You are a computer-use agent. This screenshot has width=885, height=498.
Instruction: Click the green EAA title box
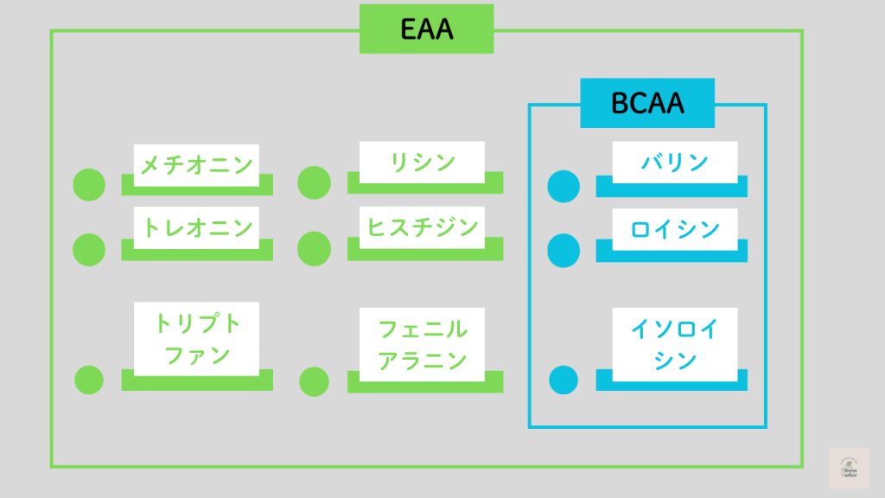[427, 29]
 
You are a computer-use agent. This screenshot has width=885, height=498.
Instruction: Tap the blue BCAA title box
[647, 103]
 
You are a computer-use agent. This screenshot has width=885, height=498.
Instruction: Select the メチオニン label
[196, 163]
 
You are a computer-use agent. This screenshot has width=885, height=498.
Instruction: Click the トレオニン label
[196, 227]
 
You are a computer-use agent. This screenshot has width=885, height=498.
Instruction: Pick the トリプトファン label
[197, 339]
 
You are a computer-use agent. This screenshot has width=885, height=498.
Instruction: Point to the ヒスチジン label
[422, 227]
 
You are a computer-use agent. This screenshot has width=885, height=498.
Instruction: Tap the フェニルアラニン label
[422, 343]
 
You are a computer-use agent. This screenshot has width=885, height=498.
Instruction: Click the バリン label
[674, 163]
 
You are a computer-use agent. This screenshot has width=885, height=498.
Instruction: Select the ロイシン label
[674, 229]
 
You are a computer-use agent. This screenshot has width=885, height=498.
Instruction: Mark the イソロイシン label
[674, 343]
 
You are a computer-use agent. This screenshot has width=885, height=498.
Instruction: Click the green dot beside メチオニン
[89, 184]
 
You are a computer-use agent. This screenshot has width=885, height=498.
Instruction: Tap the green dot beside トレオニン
[89, 249]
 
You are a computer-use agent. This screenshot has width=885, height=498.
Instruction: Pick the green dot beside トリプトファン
[89, 380]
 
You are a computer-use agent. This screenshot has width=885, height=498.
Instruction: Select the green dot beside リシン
[314, 182]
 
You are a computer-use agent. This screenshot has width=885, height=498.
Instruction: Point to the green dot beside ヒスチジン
[314, 249]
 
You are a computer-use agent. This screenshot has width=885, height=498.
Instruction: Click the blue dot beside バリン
[563, 186]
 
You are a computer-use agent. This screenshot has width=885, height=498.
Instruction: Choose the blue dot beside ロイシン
[563, 250]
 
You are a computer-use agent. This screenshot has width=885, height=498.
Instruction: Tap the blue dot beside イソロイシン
[563, 380]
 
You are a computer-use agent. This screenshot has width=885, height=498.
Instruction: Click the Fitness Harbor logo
[849, 469]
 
